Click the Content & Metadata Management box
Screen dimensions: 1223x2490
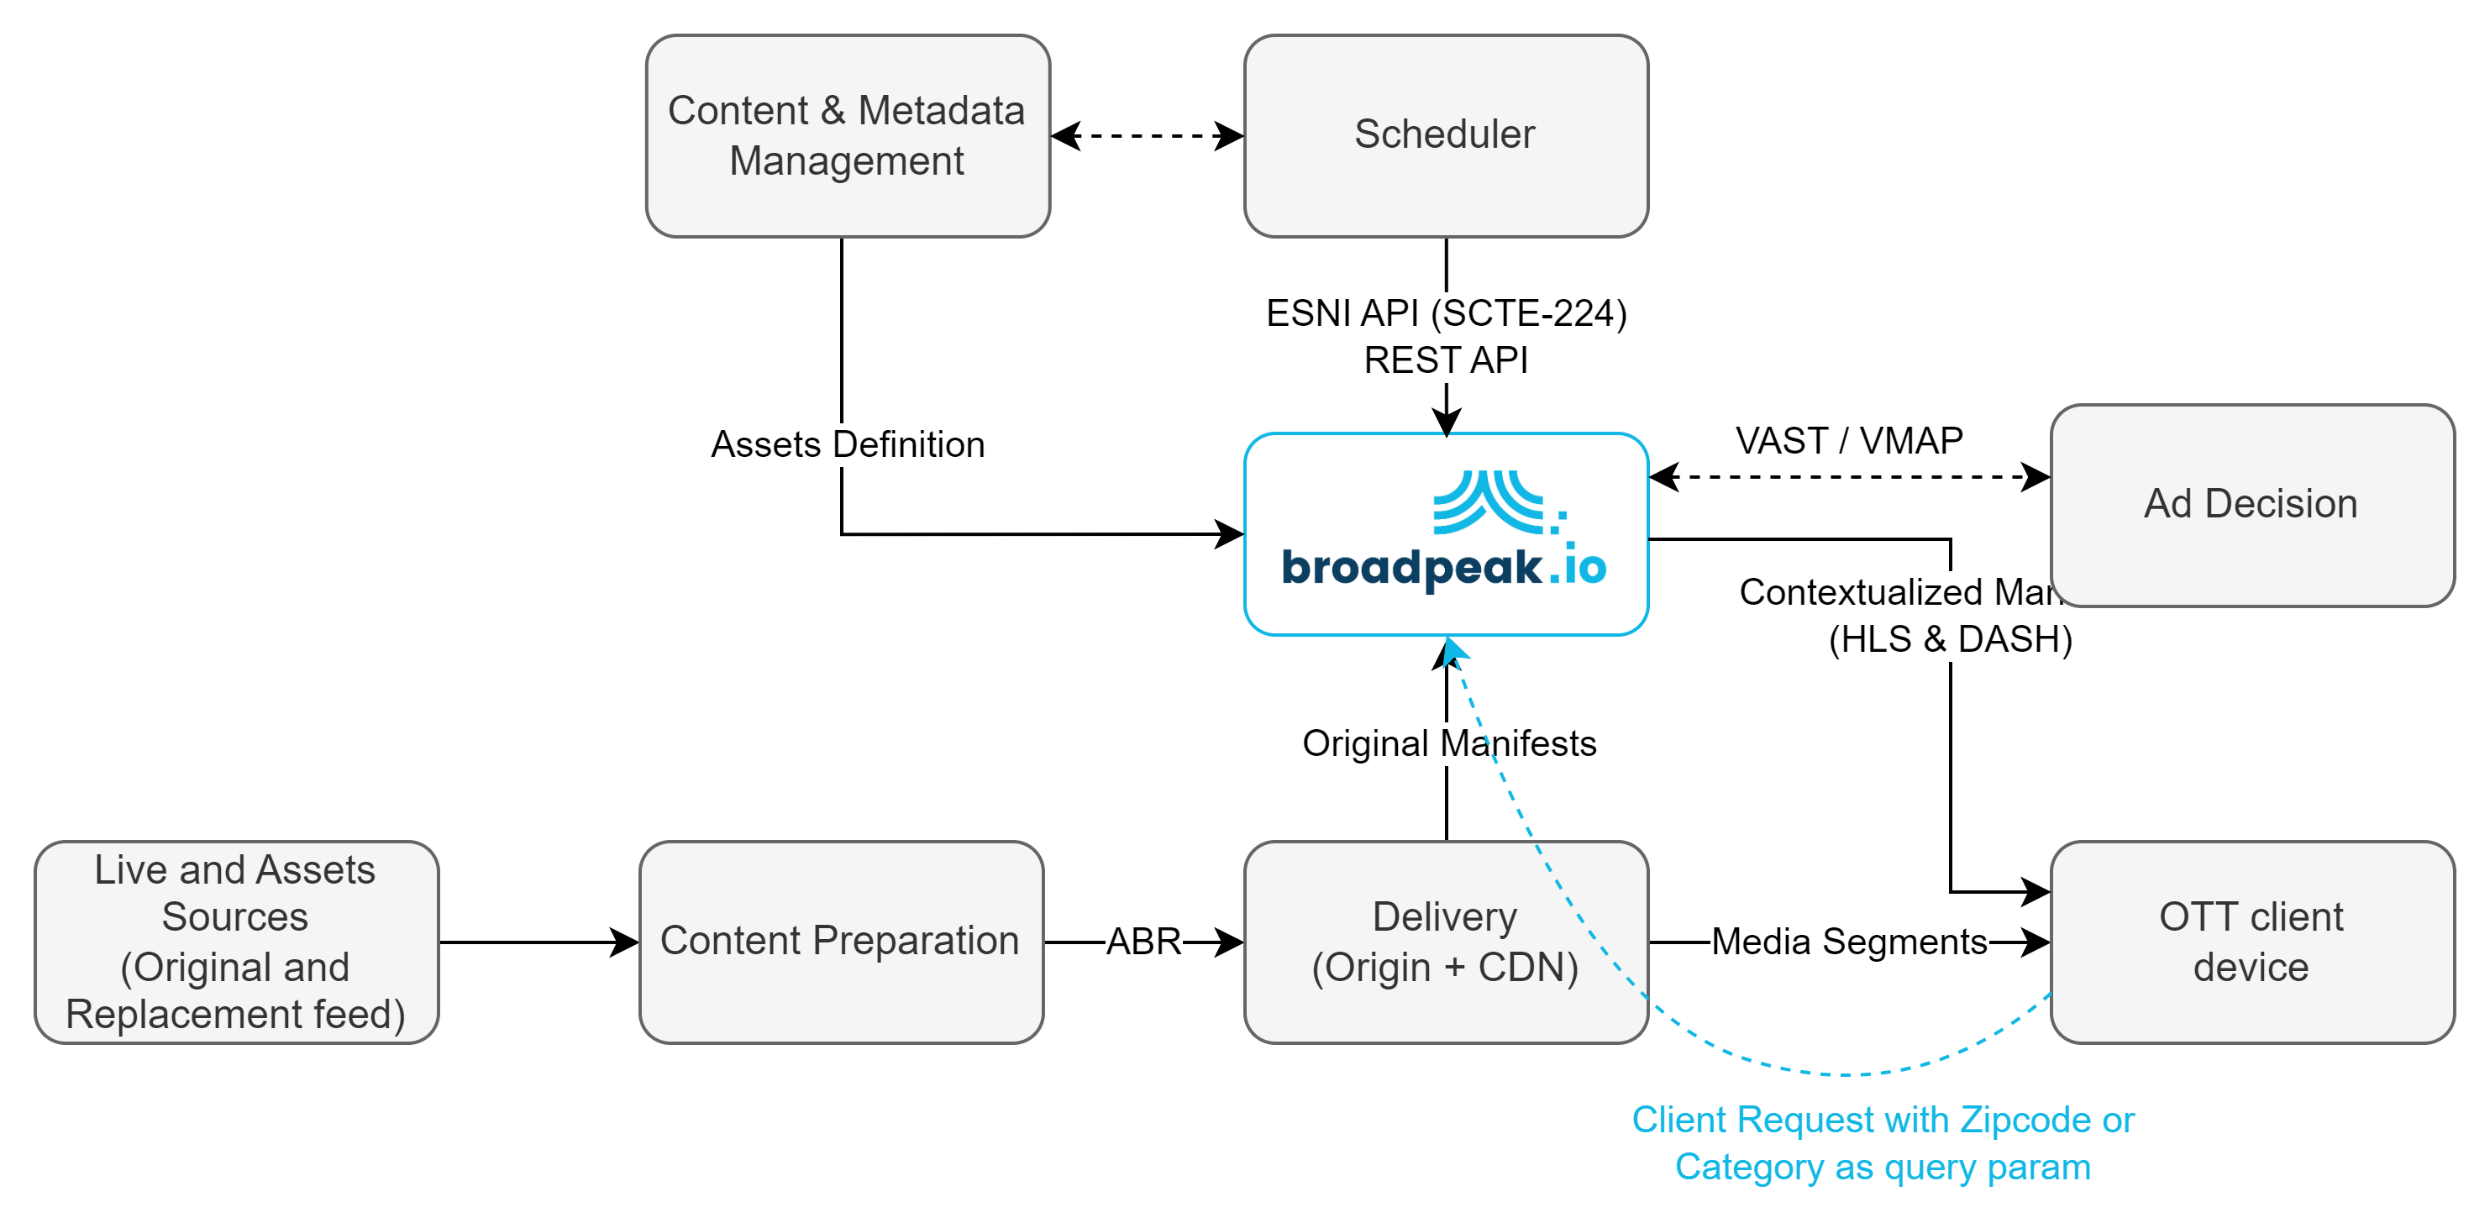(x=847, y=135)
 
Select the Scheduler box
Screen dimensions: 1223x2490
(x=1445, y=135)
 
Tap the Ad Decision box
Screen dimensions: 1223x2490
(x=2251, y=504)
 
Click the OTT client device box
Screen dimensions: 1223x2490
(x=2251, y=942)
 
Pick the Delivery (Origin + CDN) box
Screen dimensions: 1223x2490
(x=1445, y=942)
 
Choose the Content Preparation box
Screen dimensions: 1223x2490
(x=840, y=942)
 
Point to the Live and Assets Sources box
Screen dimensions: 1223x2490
(x=236, y=942)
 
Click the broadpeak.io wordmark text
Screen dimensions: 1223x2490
(x=1443, y=568)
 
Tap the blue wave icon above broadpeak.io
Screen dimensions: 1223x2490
(x=1496, y=501)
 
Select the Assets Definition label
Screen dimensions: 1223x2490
(x=848, y=444)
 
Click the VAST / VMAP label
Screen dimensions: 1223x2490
(x=1849, y=441)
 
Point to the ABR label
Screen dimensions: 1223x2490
(x=1143, y=942)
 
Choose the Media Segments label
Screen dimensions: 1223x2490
(x=1849, y=942)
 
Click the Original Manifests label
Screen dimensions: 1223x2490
(x=1449, y=743)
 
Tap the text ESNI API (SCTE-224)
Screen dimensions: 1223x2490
(x=1446, y=313)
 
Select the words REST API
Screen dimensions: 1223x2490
(x=1446, y=360)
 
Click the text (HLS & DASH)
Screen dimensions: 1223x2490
(x=1951, y=639)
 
